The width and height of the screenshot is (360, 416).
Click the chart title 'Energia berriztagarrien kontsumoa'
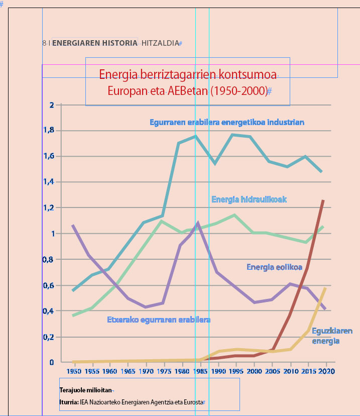(188, 75)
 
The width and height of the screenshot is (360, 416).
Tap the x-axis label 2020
(326, 371)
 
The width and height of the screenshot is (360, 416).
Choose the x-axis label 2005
(272, 371)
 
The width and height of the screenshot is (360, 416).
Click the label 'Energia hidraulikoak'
(249, 199)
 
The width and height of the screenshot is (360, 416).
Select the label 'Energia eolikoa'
(274, 267)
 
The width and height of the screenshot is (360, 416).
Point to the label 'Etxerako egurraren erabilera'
(159, 320)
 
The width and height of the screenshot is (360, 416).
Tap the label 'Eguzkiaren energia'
(331, 336)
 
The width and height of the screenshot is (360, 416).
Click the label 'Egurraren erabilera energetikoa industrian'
(227, 122)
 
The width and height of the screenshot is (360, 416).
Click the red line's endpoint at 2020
(323, 200)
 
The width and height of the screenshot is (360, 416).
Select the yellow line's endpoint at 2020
(326, 288)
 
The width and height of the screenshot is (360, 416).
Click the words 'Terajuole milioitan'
(86, 390)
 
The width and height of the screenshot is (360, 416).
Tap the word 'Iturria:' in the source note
(68, 402)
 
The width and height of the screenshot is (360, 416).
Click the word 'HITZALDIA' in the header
(160, 43)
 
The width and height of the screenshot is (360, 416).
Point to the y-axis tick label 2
(51, 105)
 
